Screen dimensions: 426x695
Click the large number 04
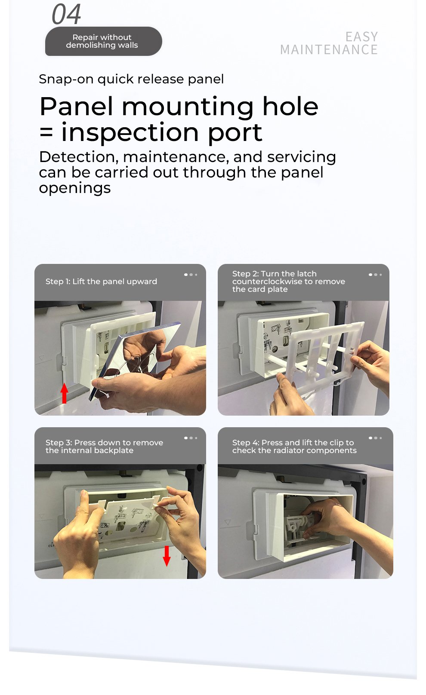click(x=66, y=14)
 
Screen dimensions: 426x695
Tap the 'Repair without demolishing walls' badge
click(x=103, y=41)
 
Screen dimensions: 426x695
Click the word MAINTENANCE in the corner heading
click(x=329, y=50)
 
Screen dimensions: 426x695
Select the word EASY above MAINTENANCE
click(x=362, y=37)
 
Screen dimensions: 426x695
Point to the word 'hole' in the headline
click(x=290, y=107)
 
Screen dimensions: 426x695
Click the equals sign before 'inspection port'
click(x=46, y=133)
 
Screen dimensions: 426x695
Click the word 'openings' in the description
click(x=75, y=188)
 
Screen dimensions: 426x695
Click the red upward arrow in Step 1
click(x=64, y=393)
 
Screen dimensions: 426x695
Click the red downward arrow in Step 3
click(x=167, y=556)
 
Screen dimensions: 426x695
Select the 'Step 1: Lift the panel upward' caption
click(x=101, y=282)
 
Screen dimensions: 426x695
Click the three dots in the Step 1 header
click(x=191, y=275)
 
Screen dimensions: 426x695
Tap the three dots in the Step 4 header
click(x=375, y=438)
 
